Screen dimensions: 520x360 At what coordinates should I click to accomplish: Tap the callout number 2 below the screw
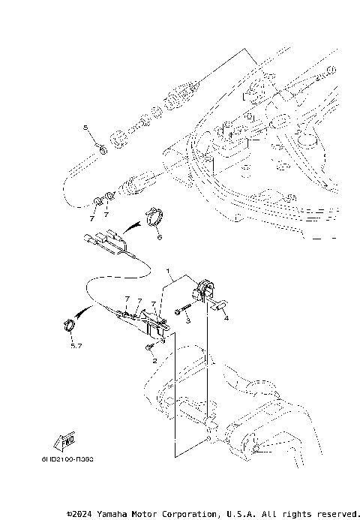(154, 361)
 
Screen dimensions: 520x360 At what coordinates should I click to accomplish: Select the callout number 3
(189, 320)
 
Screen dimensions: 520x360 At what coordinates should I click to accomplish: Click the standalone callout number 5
(85, 128)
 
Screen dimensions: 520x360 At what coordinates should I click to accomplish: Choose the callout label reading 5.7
(75, 346)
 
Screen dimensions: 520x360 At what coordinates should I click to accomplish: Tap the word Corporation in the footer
(186, 514)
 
